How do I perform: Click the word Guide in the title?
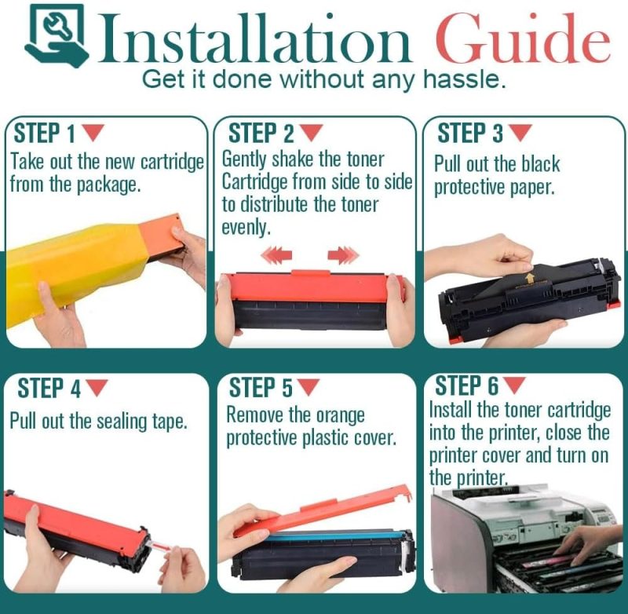(522, 38)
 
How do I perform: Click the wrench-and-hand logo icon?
(57, 35)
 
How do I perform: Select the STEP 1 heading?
(45, 133)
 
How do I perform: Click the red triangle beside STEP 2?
(311, 133)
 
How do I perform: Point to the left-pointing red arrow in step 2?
(276, 255)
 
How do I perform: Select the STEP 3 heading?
(470, 133)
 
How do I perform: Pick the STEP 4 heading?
(49, 388)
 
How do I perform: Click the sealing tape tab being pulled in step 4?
(159, 546)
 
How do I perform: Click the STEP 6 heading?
(466, 386)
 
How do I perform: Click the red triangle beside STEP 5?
(309, 387)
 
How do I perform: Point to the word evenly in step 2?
(246, 228)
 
